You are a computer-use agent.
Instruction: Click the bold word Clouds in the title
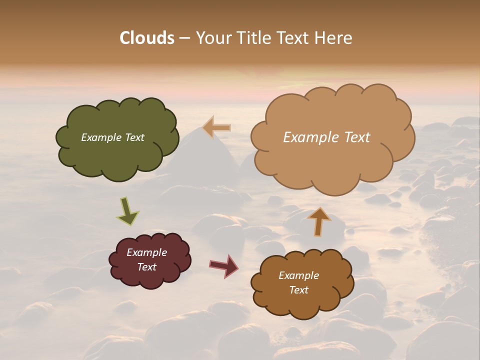pyautogui.click(x=146, y=38)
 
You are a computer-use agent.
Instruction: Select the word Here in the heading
pyautogui.click(x=335, y=38)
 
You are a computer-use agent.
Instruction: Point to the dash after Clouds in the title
pyautogui.click(x=184, y=38)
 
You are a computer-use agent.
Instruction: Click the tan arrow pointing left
pyautogui.click(x=217, y=128)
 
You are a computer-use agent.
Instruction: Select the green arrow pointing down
pyautogui.click(x=127, y=211)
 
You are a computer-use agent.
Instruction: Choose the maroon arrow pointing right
pyautogui.click(x=224, y=265)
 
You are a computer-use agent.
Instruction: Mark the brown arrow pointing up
pyautogui.click(x=319, y=221)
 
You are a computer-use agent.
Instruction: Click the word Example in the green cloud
pyautogui.click(x=100, y=137)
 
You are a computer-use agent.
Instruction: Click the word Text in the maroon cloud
pyautogui.click(x=147, y=267)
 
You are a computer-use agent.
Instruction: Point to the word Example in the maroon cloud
pyautogui.click(x=147, y=252)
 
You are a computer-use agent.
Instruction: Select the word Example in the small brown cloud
pyautogui.click(x=298, y=275)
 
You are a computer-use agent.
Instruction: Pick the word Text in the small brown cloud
pyautogui.click(x=298, y=290)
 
